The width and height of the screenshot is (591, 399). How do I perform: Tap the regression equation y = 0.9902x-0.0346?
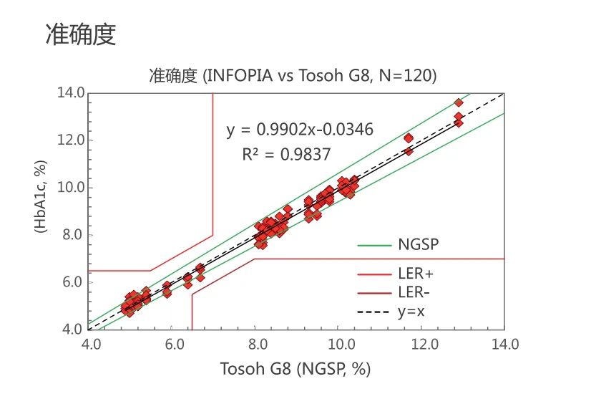point(300,130)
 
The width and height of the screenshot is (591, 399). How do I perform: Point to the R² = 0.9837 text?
point(286,154)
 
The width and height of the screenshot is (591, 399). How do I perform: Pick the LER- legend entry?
point(414,292)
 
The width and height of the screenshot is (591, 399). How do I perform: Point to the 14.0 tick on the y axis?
point(72,92)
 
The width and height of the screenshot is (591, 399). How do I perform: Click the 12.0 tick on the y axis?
point(72,140)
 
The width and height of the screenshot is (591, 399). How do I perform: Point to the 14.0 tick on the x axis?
point(504,345)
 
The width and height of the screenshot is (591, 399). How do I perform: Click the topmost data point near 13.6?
point(459,102)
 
